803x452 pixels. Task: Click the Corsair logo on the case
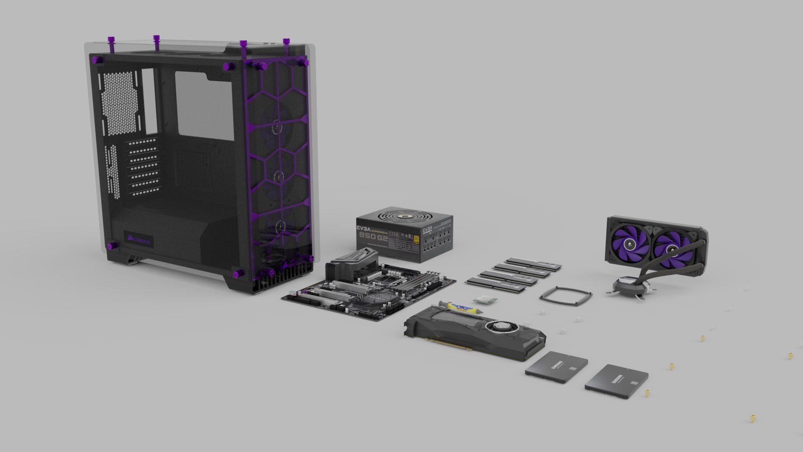(141, 240)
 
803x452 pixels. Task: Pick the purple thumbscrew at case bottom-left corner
(112, 247)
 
